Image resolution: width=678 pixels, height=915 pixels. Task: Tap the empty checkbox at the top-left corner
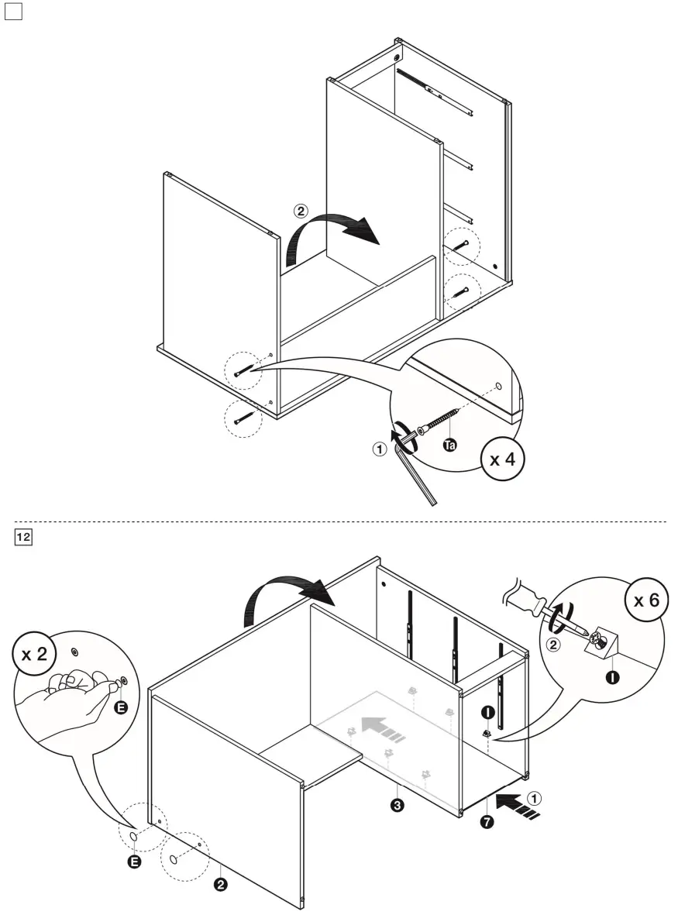[14, 12]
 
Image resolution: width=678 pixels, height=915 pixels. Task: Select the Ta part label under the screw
[449, 445]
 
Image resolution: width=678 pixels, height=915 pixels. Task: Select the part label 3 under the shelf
[397, 806]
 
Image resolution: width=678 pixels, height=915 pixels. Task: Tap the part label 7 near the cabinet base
[486, 822]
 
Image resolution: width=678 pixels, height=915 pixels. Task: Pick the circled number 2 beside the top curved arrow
[300, 210]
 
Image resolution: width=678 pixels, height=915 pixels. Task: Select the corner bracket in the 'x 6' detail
[603, 642]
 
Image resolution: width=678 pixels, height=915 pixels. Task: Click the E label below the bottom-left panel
[134, 862]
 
